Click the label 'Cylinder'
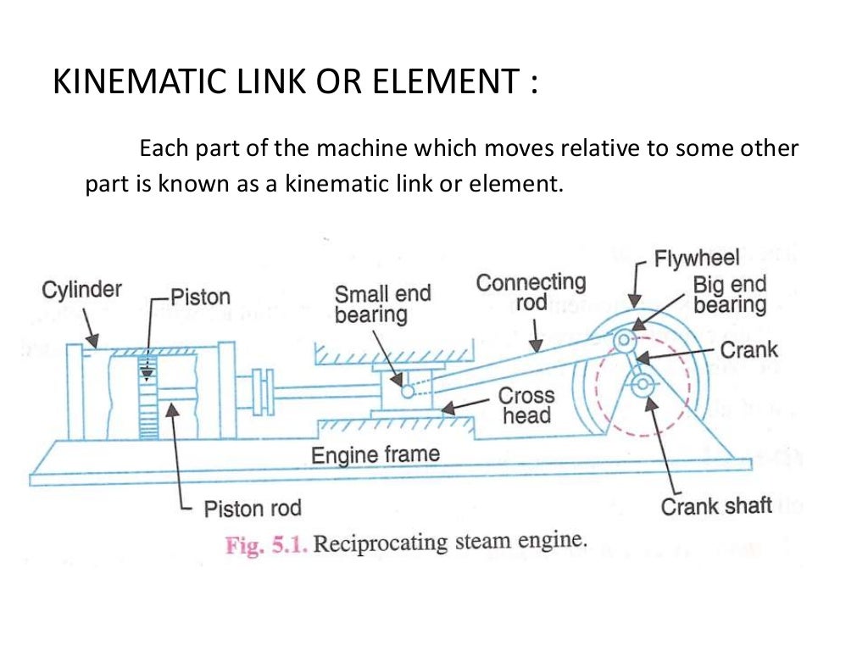pos(81,290)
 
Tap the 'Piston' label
pos(201,297)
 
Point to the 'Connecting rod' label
pos(531,292)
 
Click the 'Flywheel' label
pos(697,258)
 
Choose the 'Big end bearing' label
pos(729,294)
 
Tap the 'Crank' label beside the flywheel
pos(748,349)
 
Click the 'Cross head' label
pos(526,405)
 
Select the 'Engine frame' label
pos(376,455)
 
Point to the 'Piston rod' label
pos(253,509)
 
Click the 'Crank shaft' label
pos(715,507)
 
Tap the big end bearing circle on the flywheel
pos(625,340)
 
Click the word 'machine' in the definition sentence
pos(361,149)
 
